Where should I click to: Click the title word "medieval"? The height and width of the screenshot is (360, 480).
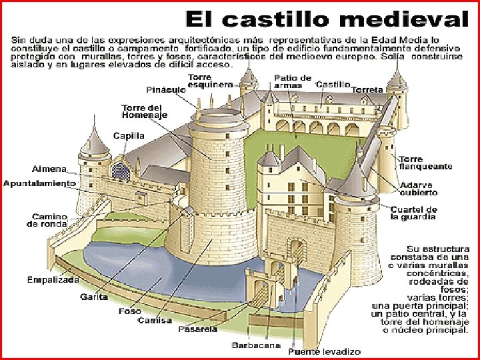(x=399, y=19)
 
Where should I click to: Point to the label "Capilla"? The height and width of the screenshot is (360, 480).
(x=129, y=135)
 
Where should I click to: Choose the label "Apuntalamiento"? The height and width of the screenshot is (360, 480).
(x=40, y=182)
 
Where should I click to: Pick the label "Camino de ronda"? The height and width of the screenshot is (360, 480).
(x=47, y=220)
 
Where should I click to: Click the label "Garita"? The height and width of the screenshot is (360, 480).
(x=93, y=297)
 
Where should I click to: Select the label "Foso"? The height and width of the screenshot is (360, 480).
(x=129, y=311)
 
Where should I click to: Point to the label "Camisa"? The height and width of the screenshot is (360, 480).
(x=155, y=320)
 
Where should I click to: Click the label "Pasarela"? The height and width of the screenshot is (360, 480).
(x=197, y=329)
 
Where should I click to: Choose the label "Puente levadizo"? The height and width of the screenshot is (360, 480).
(x=324, y=351)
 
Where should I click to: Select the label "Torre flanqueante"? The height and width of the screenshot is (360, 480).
(x=425, y=163)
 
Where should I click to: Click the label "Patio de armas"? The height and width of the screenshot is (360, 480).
(x=293, y=81)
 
